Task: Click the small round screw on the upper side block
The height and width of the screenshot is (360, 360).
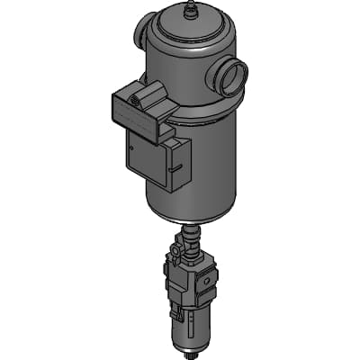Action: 135,102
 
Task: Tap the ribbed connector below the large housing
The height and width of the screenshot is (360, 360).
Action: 192,240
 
